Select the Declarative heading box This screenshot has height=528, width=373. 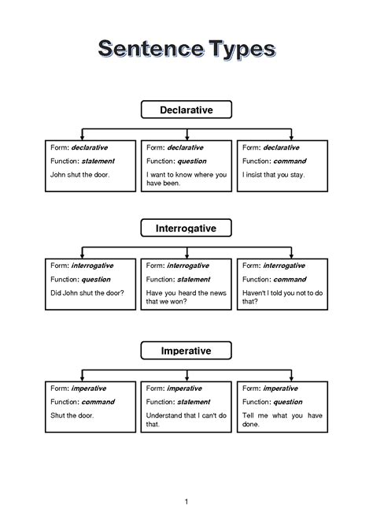click(186, 110)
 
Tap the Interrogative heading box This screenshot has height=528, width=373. click(186, 229)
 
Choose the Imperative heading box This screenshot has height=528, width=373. click(186, 349)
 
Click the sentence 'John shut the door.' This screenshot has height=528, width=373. click(79, 174)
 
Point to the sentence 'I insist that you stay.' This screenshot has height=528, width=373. click(273, 174)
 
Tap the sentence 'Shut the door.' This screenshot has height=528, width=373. click(72, 415)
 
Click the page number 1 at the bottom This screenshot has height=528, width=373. click(186, 502)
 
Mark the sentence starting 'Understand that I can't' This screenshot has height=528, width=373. click(186, 419)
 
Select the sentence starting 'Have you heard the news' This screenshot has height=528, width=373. click(186, 297)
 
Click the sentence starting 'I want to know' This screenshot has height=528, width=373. click(186, 179)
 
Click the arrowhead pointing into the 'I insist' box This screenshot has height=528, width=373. click(291, 136)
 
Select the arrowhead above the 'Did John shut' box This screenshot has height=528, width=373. click(83, 255)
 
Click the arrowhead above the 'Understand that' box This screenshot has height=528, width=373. click(186, 377)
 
